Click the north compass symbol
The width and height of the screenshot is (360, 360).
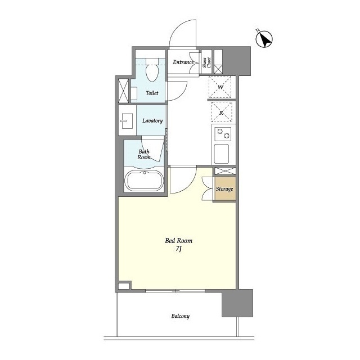click(x=264, y=39)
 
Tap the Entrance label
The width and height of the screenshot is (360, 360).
click(x=183, y=62)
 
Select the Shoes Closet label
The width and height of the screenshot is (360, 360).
click(x=206, y=62)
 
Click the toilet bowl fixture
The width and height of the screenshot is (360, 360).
click(x=152, y=70)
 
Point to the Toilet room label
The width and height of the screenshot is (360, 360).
click(x=152, y=93)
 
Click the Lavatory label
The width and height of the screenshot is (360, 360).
click(x=152, y=120)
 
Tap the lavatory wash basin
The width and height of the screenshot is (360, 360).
click(x=126, y=121)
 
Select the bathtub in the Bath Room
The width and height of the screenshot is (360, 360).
click(x=144, y=181)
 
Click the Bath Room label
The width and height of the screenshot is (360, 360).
click(x=144, y=154)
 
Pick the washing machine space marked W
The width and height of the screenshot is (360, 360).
click(x=220, y=87)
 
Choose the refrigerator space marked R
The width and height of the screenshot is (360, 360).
click(x=222, y=112)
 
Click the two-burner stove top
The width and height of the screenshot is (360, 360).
click(x=223, y=134)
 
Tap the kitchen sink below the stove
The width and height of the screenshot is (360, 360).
click(x=221, y=154)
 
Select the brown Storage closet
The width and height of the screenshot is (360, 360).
click(x=225, y=189)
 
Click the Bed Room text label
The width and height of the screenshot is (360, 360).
click(x=179, y=241)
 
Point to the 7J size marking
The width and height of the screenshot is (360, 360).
click(x=179, y=249)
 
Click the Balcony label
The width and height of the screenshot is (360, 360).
click(x=181, y=316)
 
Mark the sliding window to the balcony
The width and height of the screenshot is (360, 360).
click(x=175, y=291)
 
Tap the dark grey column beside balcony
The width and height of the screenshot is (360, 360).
click(x=237, y=303)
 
